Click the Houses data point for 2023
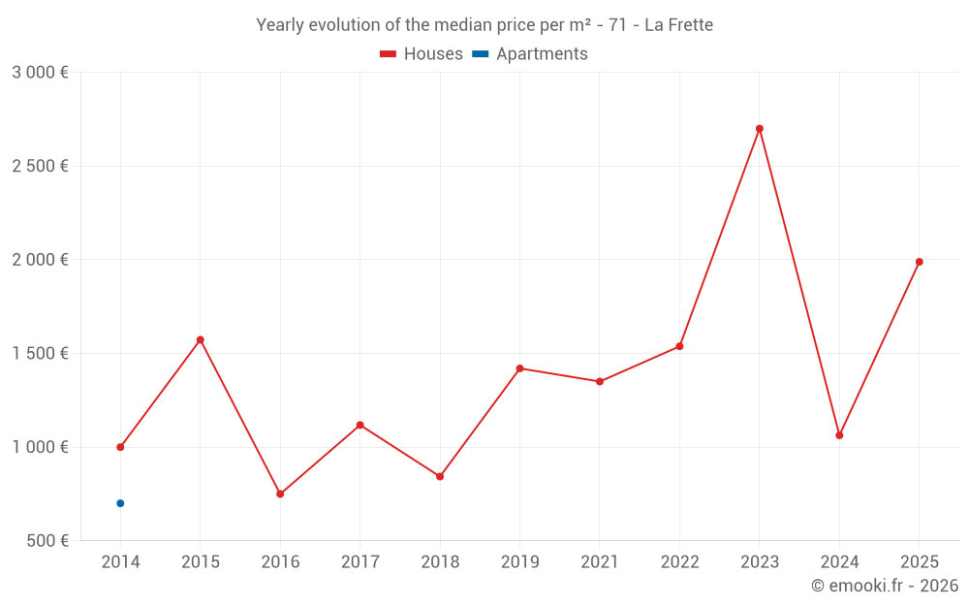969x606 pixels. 760,128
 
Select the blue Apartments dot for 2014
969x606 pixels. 120,503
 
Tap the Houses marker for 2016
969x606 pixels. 280,494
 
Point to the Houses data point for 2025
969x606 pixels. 920,262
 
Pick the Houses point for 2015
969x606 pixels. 201,339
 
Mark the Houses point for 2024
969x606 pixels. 839,435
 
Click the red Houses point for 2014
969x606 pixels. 120,447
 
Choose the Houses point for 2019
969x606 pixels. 519,368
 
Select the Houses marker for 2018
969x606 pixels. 440,476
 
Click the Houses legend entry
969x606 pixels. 422,54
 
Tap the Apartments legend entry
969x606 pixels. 530,54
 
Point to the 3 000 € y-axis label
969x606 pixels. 40,73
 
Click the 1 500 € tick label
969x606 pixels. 40,354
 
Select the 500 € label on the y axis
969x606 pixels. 47,541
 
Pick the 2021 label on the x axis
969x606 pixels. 600,562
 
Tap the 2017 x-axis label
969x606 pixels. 359,562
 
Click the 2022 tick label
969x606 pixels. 679,562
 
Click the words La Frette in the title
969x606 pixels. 678,25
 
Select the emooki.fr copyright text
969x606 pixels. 885,586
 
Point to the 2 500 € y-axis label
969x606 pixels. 40,166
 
